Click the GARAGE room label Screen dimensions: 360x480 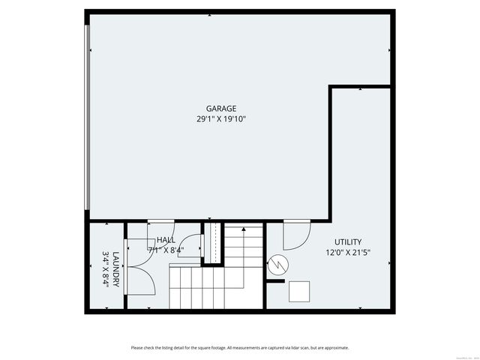[x=221, y=109]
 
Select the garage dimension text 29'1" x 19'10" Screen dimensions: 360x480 [x=221, y=118]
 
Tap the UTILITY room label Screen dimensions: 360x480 [x=348, y=242]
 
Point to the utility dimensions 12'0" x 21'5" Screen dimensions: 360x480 [x=348, y=252]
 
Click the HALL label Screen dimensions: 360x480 [x=166, y=240]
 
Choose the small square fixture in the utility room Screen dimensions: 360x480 [x=300, y=290]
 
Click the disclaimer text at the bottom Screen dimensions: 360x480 [x=240, y=347]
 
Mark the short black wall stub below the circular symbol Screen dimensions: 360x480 [x=276, y=282]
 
